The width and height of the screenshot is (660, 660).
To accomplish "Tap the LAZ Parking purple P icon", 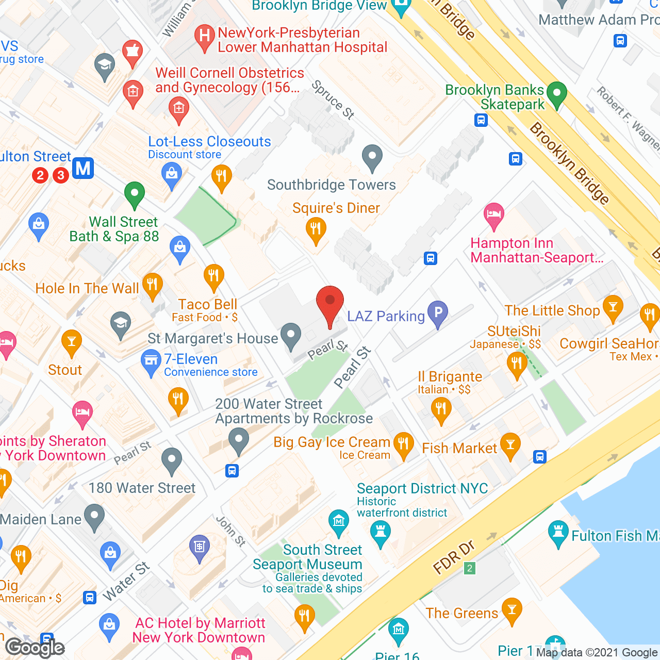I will (x=438, y=313).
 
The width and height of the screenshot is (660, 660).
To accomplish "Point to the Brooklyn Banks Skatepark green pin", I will (x=556, y=94).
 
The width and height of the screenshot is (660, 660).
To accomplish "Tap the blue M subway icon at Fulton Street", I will (x=83, y=168).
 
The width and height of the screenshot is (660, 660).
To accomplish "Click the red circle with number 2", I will (x=40, y=175).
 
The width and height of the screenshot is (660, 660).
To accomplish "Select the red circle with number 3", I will (x=61, y=175).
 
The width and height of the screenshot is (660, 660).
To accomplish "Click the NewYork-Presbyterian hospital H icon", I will (x=204, y=37).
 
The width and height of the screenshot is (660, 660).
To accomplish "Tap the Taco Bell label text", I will (x=208, y=304).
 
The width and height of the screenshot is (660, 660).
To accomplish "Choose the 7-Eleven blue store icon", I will (x=151, y=361).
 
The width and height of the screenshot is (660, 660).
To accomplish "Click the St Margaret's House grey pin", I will (x=291, y=336).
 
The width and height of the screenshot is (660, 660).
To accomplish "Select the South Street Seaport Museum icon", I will (x=338, y=522).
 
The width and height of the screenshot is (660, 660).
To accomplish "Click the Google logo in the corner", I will (x=35, y=648).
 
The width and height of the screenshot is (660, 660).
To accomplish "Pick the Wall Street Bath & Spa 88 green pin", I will (x=135, y=194).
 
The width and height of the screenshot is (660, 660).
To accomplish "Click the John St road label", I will (x=230, y=531).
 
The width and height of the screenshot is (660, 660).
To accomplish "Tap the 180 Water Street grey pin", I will (x=172, y=460).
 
